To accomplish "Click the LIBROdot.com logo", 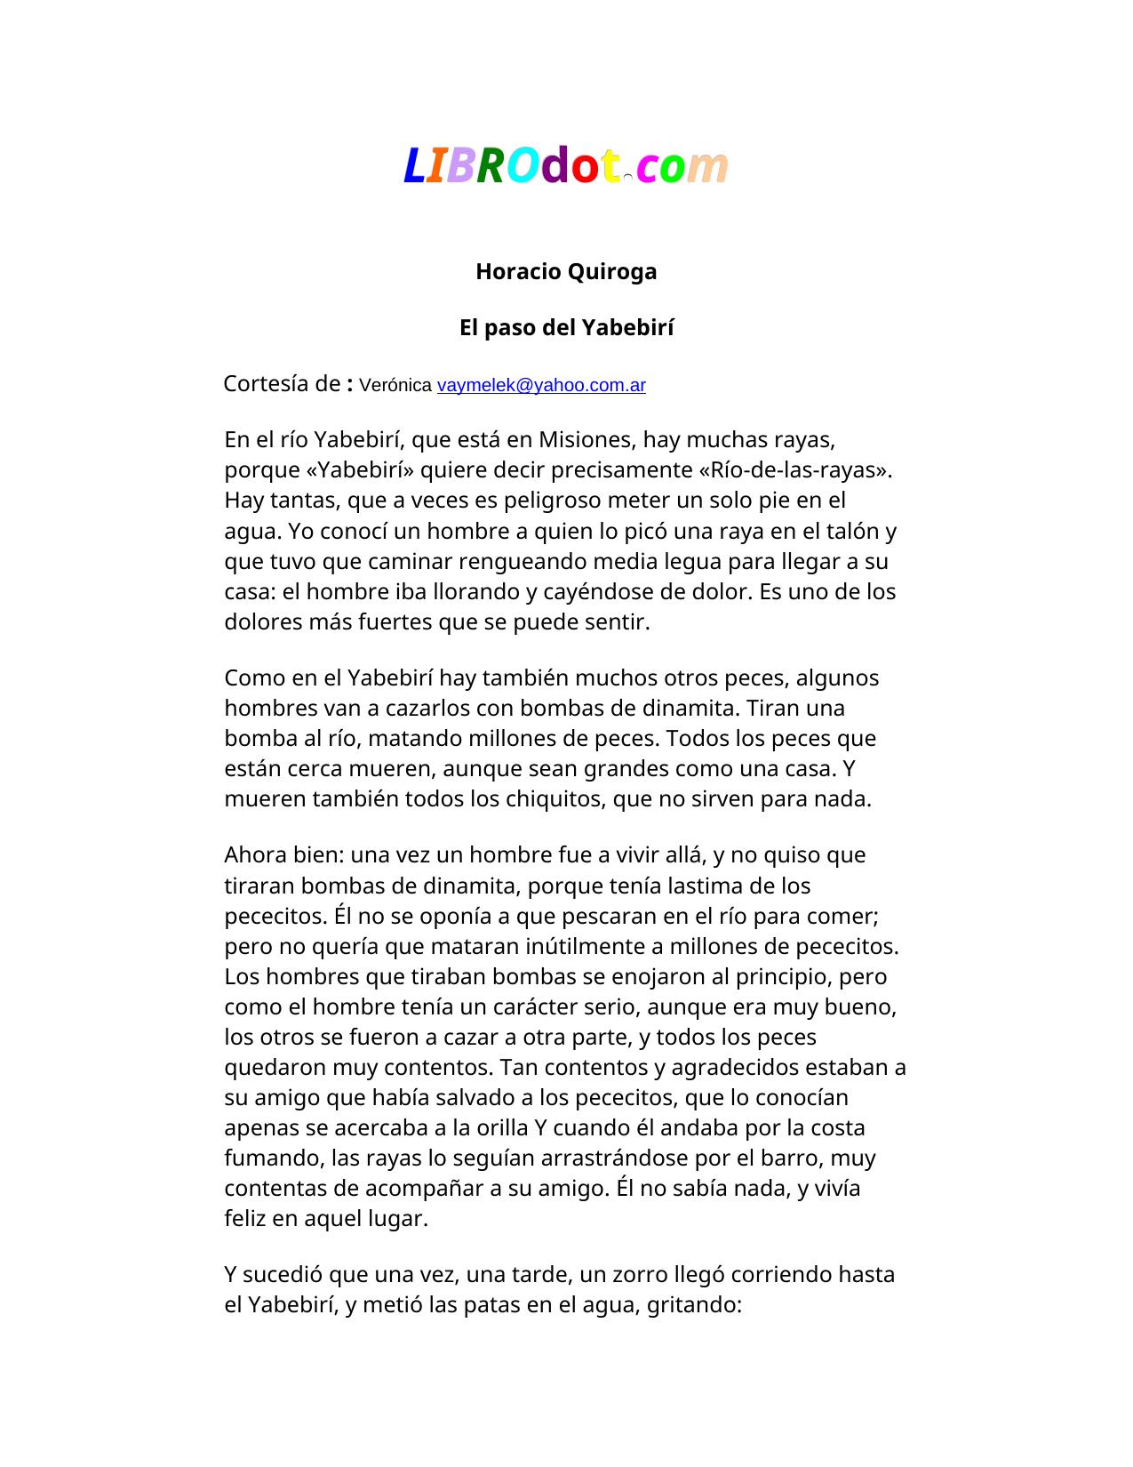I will pos(566,165).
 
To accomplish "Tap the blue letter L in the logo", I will pos(413,166).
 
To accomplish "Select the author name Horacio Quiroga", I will pos(566,271).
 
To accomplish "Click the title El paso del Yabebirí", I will pos(566,328).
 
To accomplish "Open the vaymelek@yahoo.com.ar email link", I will pos(541,385).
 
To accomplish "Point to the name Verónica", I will pos(395,385).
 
